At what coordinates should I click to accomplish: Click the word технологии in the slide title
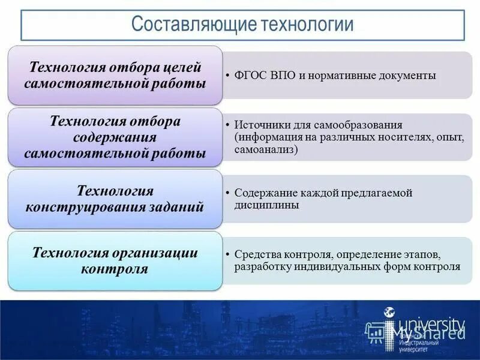[307, 25]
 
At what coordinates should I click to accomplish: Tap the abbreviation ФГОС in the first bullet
[250, 76]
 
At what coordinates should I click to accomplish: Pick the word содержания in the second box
[115, 137]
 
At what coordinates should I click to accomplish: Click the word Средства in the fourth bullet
[254, 255]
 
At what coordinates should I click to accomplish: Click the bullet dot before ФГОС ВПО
[228, 76]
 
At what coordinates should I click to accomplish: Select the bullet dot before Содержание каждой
[228, 194]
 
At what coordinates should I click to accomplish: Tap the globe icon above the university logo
[389, 312]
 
